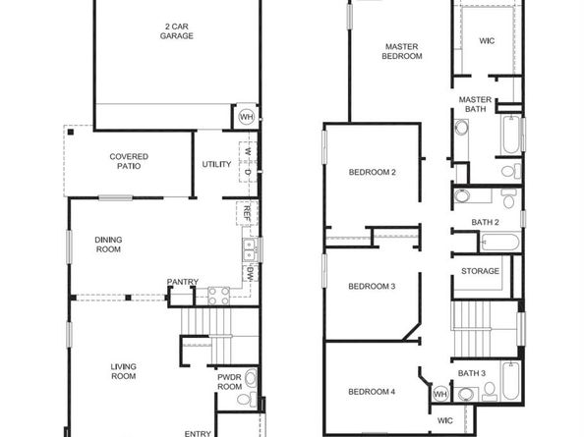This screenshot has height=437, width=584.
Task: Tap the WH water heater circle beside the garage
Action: click(x=247, y=117)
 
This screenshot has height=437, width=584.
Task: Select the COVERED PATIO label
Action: click(x=129, y=161)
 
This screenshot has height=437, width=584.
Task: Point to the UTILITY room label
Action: click(x=216, y=164)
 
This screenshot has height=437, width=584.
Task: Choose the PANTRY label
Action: click(x=183, y=283)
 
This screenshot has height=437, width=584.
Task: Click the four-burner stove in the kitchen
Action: click(x=218, y=291)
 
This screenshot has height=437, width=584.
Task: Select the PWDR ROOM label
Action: click(x=228, y=382)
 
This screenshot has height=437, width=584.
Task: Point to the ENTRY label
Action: click(x=198, y=432)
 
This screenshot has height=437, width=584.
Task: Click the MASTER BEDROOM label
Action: click(x=403, y=51)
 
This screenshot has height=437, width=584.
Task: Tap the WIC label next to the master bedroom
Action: click(x=487, y=41)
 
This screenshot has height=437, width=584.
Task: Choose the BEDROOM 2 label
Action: click(x=372, y=173)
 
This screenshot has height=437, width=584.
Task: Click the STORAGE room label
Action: click(x=481, y=271)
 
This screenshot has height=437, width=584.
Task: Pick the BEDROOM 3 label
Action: click(x=372, y=287)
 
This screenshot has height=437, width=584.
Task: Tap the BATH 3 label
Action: click(x=472, y=373)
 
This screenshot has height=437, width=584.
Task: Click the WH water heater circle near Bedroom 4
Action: click(x=439, y=393)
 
